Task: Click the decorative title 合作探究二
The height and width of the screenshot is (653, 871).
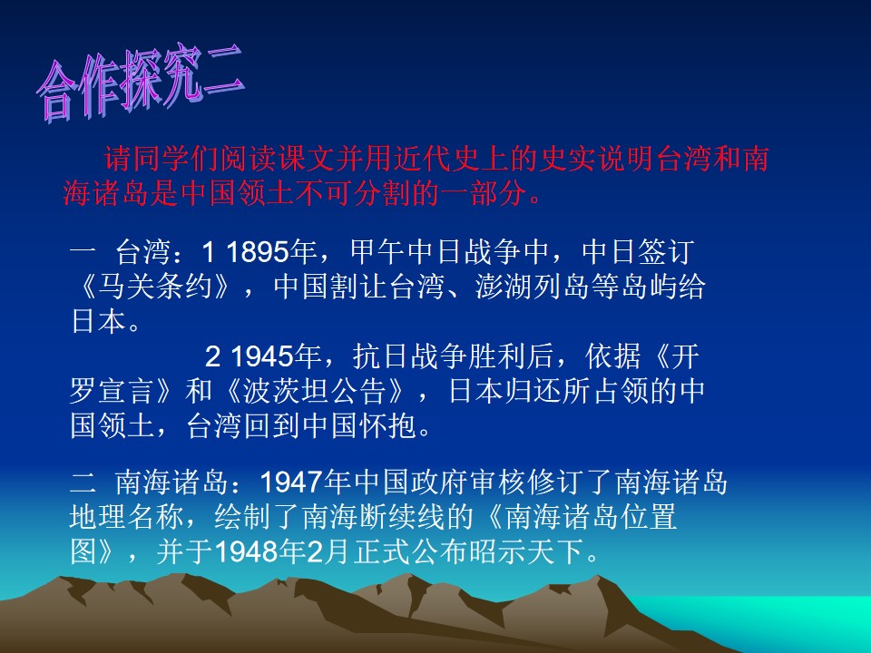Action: [x=141, y=88]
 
